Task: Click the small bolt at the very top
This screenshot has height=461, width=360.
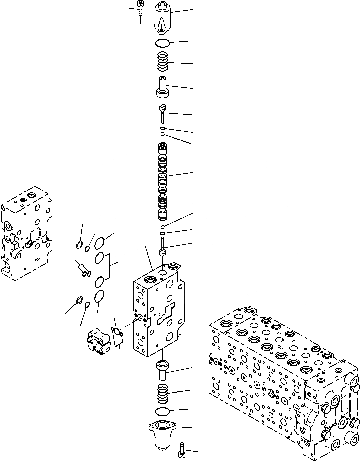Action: pyautogui.click(x=140, y=7)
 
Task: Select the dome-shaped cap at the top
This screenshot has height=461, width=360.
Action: pyautogui.click(x=163, y=18)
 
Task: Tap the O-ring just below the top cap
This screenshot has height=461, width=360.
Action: pyautogui.click(x=163, y=43)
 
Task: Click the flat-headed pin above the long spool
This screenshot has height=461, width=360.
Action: pyautogui.click(x=163, y=113)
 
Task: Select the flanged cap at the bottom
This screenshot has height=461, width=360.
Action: pyautogui.click(x=162, y=435)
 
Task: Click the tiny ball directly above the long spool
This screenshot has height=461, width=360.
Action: pyautogui.click(x=162, y=134)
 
